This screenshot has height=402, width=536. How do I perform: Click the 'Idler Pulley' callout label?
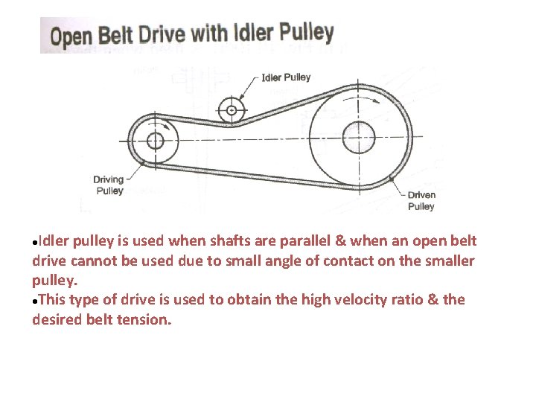tap(286, 77)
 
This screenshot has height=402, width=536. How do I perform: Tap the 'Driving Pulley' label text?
tap(108, 185)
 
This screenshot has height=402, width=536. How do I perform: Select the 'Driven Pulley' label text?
tap(421, 200)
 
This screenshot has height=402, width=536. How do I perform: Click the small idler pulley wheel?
tap(232, 110)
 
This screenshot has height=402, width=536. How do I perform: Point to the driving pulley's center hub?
tap(155, 140)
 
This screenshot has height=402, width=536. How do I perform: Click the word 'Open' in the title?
tap(70, 36)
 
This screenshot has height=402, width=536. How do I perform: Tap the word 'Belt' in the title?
tap(117, 36)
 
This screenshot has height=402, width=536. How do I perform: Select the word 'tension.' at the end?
tap(146, 319)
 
